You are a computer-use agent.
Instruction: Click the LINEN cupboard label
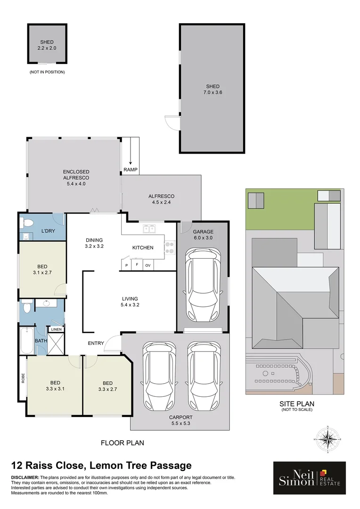pyautogui.click(x=56, y=329)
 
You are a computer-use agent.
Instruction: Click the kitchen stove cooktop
pyautogui.click(x=169, y=248)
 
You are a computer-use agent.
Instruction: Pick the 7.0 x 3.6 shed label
pyautogui.click(x=212, y=90)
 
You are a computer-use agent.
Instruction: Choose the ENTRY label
pyautogui.click(x=96, y=343)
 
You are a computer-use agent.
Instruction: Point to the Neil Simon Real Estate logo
pyautogui.click(x=309, y=478)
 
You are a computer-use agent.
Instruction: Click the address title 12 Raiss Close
pyautogui.click(x=101, y=466)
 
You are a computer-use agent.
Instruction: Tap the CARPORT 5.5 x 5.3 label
pyautogui.click(x=181, y=420)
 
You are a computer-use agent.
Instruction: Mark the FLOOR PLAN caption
pyautogui.click(x=123, y=443)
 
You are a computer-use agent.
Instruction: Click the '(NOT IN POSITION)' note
pyautogui.click(x=47, y=72)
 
